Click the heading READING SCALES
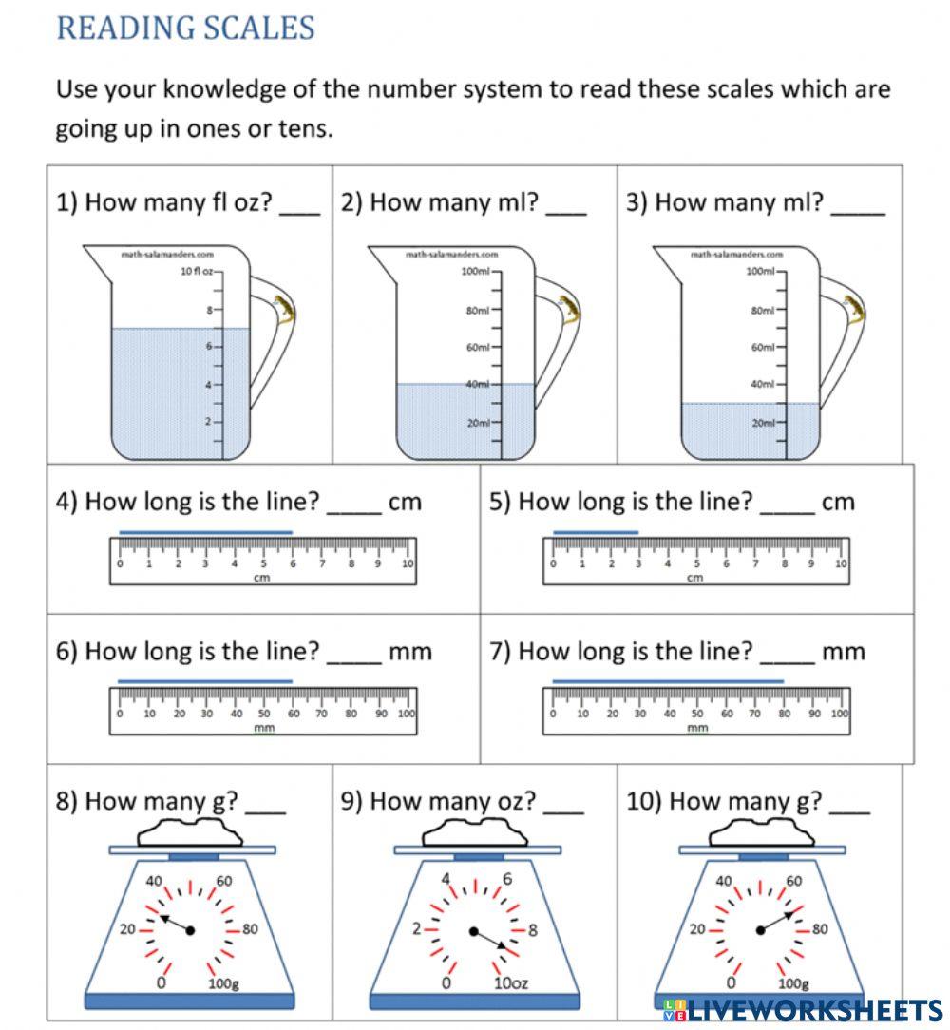tap(185, 28)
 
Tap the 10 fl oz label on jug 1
tap(199, 271)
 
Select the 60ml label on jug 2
tap(478, 347)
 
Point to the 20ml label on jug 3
tap(764, 423)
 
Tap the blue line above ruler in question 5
tap(596, 532)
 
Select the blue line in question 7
tap(667, 681)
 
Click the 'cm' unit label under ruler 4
tap(262, 578)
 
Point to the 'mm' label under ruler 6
tap(264, 728)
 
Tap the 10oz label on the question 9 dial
tap(510, 982)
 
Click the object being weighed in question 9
tap(476, 833)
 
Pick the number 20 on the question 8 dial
tap(127, 929)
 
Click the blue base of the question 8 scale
tap(189, 1001)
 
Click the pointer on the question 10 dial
tap(777, 921)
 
